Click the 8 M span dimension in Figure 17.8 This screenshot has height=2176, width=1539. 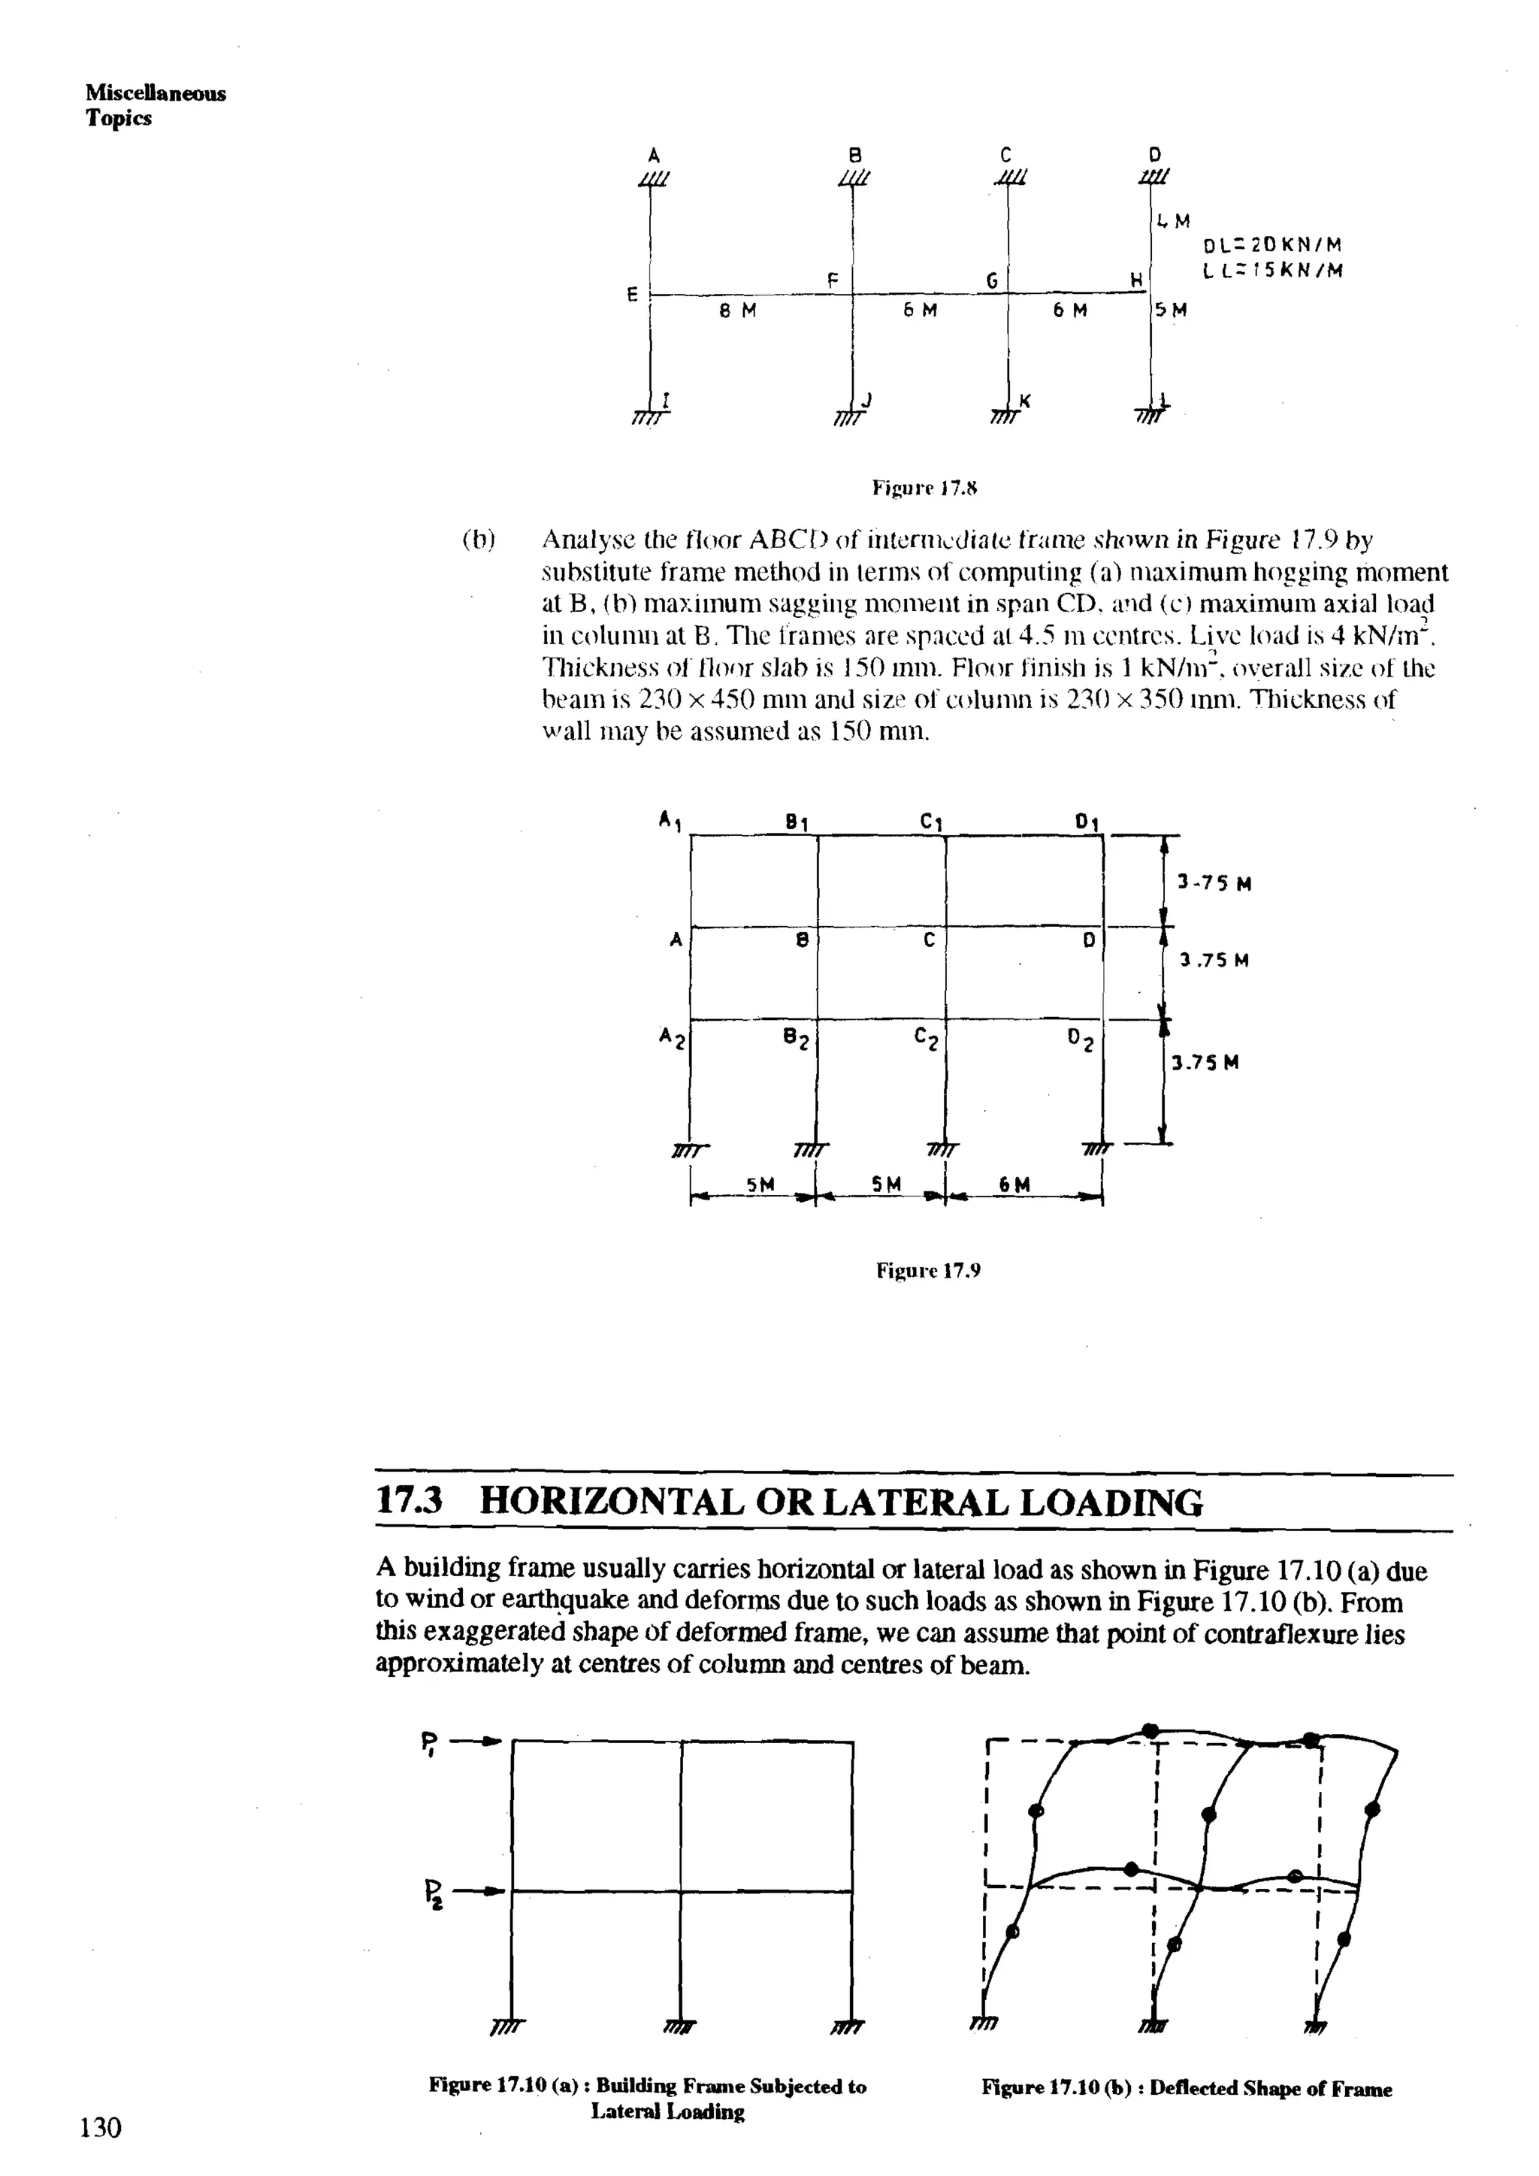click(736, 310)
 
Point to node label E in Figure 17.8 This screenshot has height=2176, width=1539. click(632, 295)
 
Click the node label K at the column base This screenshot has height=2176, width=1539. click(1024, 402)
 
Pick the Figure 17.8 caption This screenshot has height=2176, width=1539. click(924, 489)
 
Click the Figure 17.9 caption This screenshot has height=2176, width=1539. click(927, 1270)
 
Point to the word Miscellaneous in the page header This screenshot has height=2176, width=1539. click(156, 93)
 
